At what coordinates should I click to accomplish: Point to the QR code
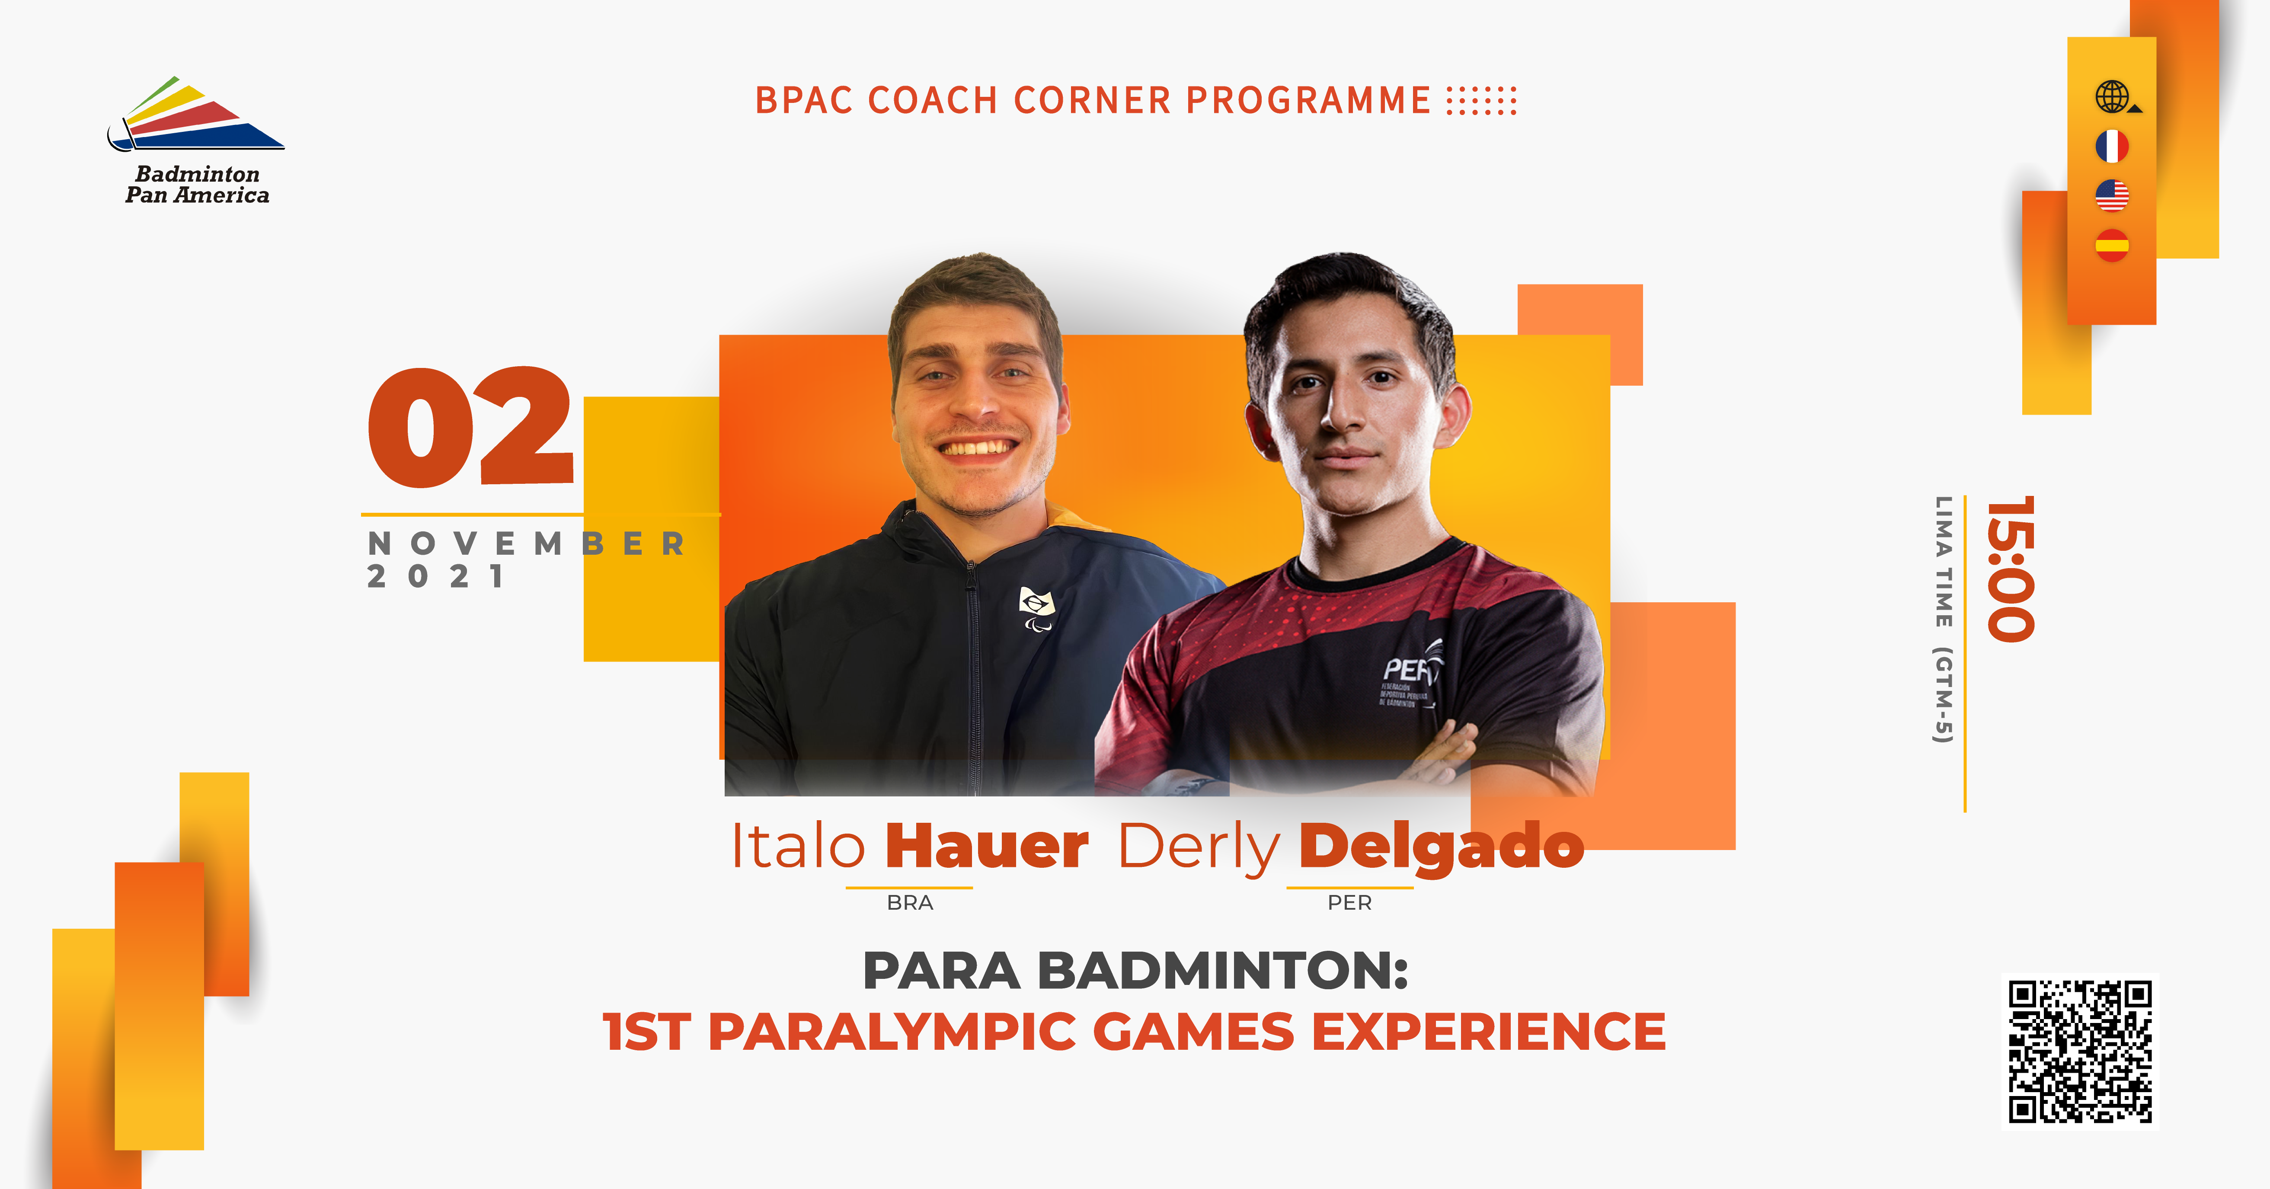click(x=2080, y=1052)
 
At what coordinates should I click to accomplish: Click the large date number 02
click(x=471, y=428)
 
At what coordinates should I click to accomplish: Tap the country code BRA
click(x=909, y=902)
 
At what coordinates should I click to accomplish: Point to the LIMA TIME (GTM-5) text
click(x=1943, y=620)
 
